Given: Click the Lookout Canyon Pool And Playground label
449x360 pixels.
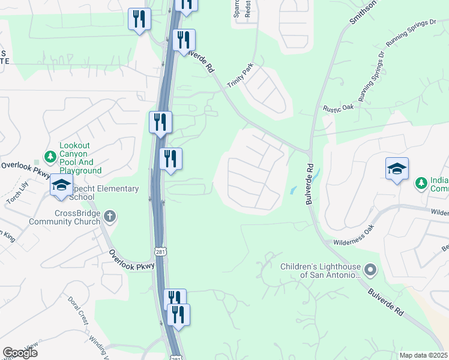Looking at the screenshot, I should [x=80, y=158].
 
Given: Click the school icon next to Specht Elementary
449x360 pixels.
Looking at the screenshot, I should [x=62, y=185].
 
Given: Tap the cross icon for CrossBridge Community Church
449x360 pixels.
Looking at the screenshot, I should [x=109, y=215].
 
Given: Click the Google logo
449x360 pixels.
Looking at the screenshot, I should [x=20, y=353].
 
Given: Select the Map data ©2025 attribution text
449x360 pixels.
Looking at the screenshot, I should [x=424, y=355].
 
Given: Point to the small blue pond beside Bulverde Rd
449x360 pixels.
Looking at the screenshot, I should [x=294, y=190].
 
